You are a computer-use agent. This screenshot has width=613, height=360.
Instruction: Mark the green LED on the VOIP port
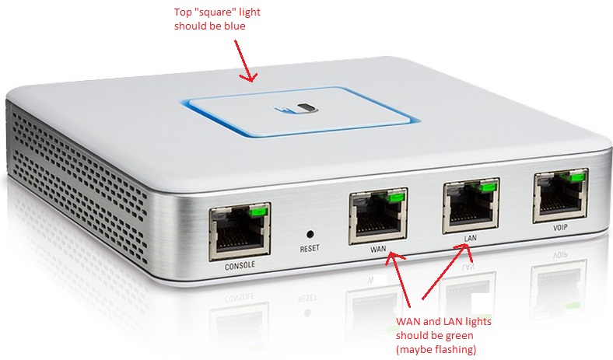[576, 179]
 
